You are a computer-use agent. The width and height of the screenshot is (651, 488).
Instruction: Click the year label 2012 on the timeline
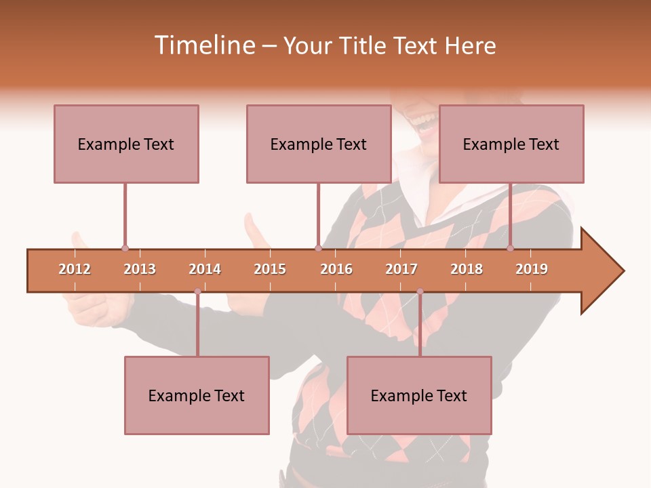(x=75, y=269)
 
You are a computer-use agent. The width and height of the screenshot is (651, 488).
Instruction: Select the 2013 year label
(x=140, y=269)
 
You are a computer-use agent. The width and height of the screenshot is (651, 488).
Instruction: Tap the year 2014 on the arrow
(x=205, y=269)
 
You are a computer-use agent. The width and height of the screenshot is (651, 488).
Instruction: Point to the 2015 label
(x=270, y=269)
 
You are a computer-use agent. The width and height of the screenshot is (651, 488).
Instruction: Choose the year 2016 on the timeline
(x=336, y=269)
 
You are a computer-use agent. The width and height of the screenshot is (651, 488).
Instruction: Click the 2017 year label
(x=401, y=269)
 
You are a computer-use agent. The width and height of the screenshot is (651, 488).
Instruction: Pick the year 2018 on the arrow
(x=467, y=269)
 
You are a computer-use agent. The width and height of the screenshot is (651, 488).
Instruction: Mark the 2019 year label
(x=532, y=269)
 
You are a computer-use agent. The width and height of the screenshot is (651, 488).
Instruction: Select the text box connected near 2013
(x=126, y=144)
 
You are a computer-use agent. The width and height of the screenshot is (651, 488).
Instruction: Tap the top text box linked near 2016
(x=319, y=144)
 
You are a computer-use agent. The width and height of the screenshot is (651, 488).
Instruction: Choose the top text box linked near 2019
(x=511, y=144)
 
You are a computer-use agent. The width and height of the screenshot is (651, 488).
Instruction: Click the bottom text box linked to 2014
(x=197, y=395)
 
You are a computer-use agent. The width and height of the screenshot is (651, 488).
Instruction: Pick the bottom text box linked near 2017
(x=419, y=395)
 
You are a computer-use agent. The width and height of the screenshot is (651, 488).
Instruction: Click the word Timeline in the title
(x=203, y=45)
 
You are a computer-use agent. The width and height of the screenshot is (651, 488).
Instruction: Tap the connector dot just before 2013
(x=125, y=248)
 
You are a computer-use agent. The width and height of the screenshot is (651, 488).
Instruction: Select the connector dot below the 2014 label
(x=197, y=291)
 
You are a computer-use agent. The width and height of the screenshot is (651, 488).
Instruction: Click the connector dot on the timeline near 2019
(x=510, y=248)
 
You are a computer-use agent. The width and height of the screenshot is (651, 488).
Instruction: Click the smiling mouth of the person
(x=425, y=123)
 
